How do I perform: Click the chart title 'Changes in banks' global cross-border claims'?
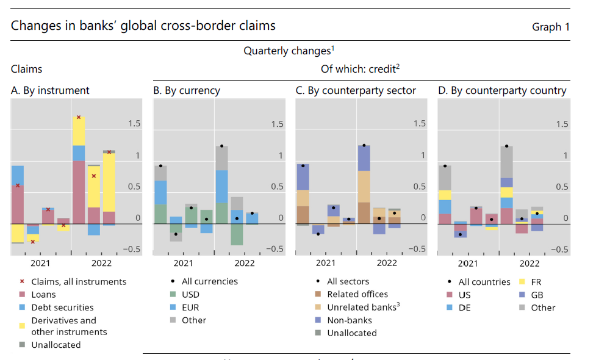143,26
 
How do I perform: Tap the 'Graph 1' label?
551,27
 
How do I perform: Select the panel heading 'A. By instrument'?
50,90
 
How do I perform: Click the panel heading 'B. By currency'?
186,90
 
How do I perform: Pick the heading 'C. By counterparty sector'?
356,90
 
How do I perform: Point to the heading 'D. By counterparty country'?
502,90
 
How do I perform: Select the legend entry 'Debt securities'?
63,307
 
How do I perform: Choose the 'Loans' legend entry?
45,294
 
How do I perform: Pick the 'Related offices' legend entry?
357,294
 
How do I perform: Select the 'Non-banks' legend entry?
349,320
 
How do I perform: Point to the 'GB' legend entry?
538,295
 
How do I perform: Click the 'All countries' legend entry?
484,282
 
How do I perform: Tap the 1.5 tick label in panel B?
277,124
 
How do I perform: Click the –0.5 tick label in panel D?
559,249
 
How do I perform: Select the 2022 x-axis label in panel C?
387,263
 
